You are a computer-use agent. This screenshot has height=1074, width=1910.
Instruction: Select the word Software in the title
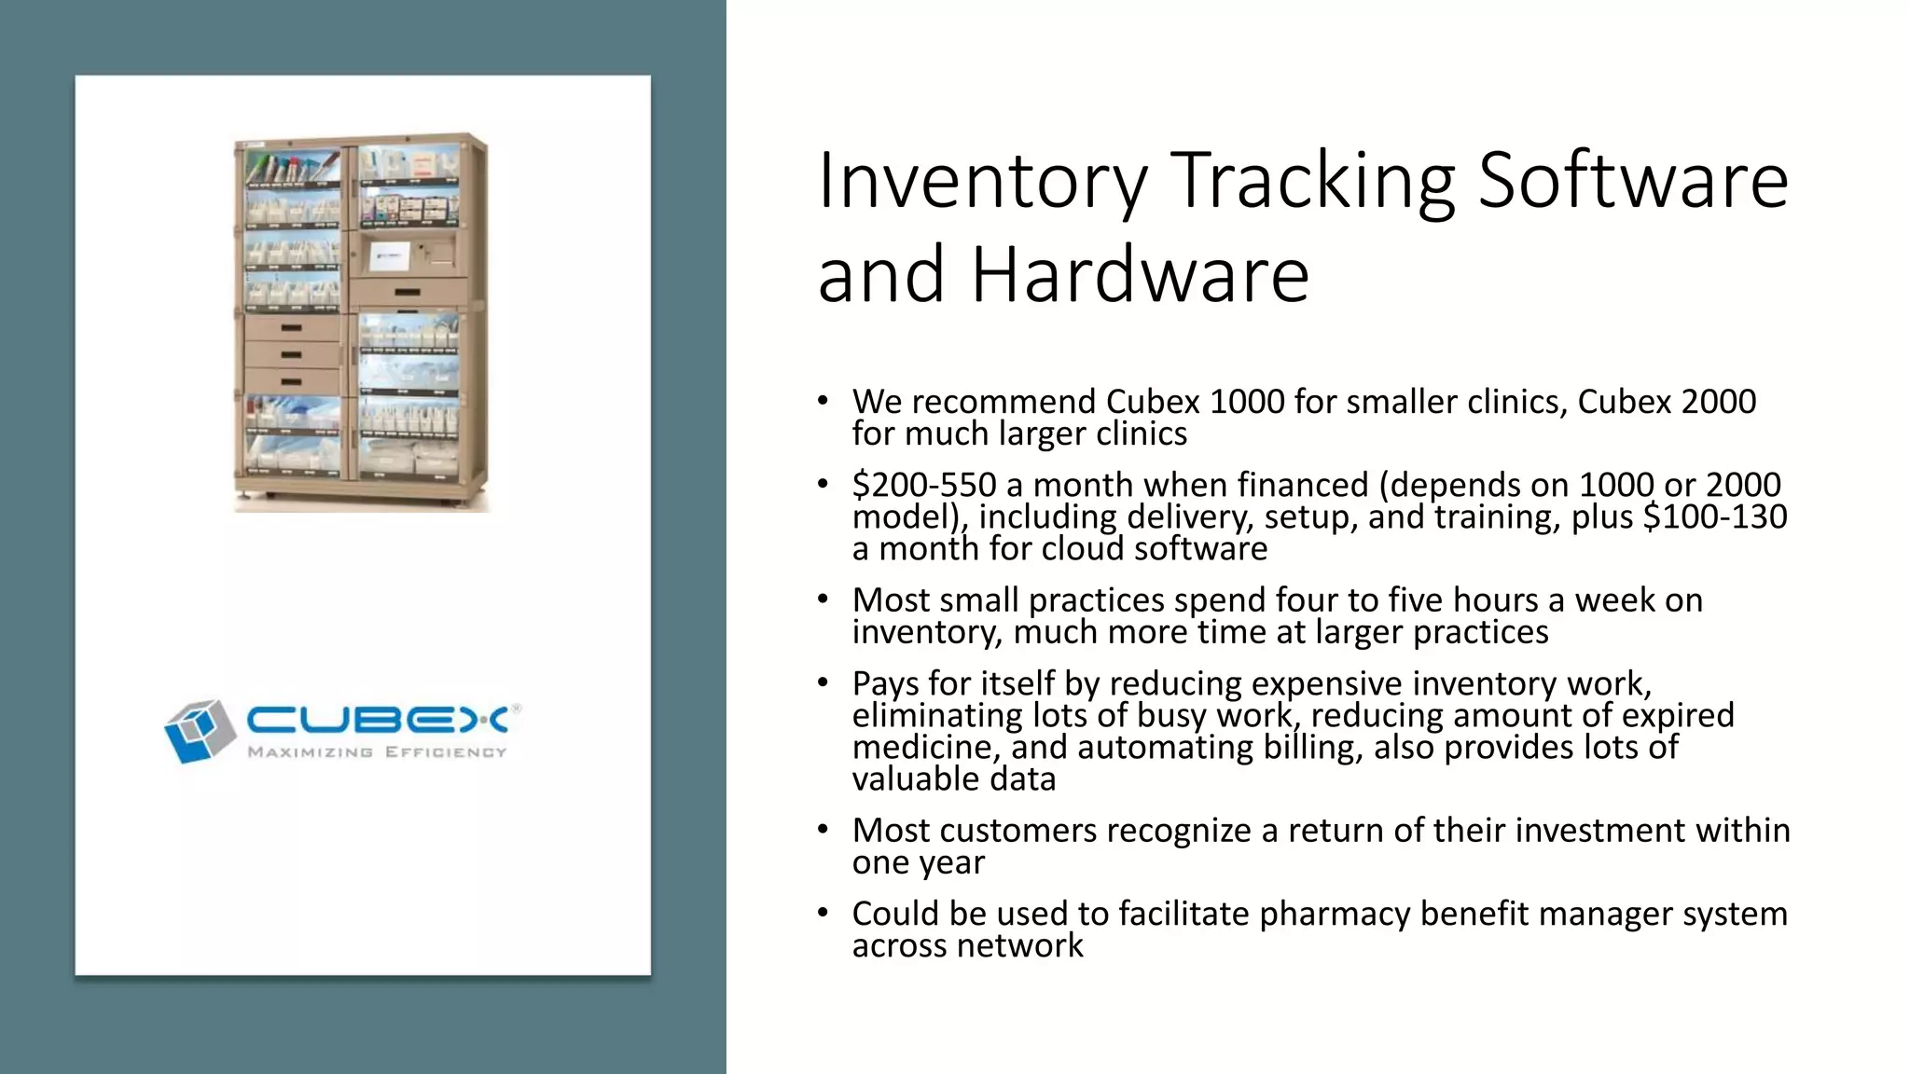click(1633, 181)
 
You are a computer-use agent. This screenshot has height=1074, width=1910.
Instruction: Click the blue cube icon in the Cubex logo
click(199, 731)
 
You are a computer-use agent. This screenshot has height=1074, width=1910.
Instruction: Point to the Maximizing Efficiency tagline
click(377, 752)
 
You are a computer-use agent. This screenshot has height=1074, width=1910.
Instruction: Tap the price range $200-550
click(924, 485)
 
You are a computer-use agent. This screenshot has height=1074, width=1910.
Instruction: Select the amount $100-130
click(1714, 516)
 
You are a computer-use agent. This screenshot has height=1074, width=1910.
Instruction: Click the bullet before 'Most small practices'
click(822, 599)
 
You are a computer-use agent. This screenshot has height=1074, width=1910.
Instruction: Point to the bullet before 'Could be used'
click(822, 913)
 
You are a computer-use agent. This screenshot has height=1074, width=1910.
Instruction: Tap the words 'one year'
click(918, 862)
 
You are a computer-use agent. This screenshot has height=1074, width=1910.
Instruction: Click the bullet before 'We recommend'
click(822, 401)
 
